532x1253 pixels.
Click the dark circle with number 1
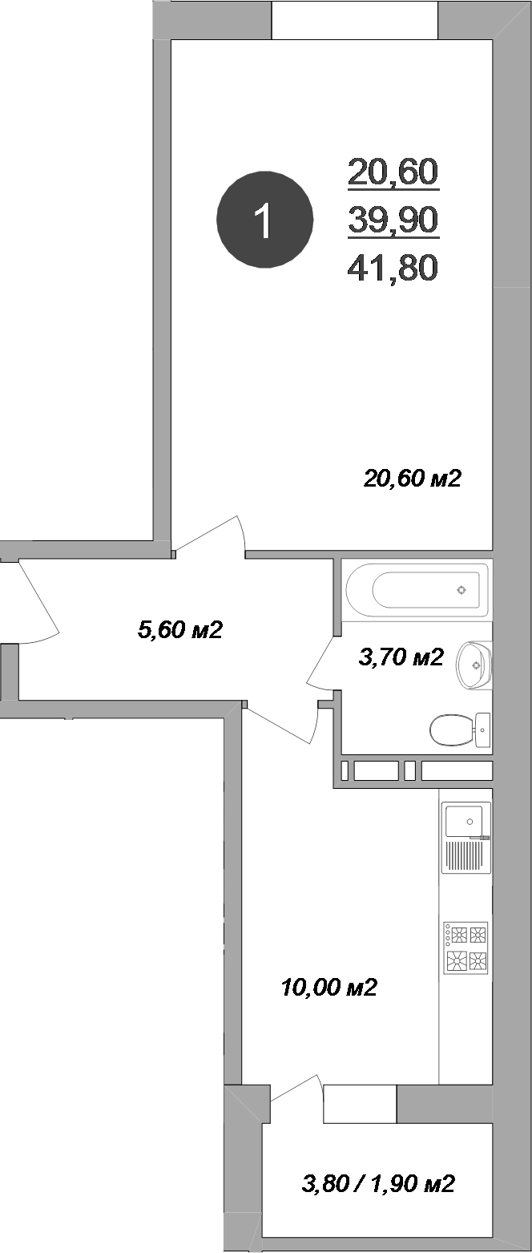click(x=264, y=219)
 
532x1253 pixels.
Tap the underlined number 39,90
click(x=393, y=219)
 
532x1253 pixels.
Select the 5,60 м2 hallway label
click(x=179, y=630)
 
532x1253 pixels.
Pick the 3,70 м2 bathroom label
click(x=400, y=658)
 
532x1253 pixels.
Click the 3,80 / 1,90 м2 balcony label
click(x=378, y=1182)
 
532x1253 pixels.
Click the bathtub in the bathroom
click(x=417, y=591)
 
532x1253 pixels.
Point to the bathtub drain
click(x=461, y=591)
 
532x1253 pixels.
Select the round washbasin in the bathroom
click(x=474, y=665)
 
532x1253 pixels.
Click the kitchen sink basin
click(x=463, y=819)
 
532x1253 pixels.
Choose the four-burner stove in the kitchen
click(x=465, y=948)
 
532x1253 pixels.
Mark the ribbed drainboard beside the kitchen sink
click(x=465, y=856)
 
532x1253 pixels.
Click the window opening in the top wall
click(x=355, y=20)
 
